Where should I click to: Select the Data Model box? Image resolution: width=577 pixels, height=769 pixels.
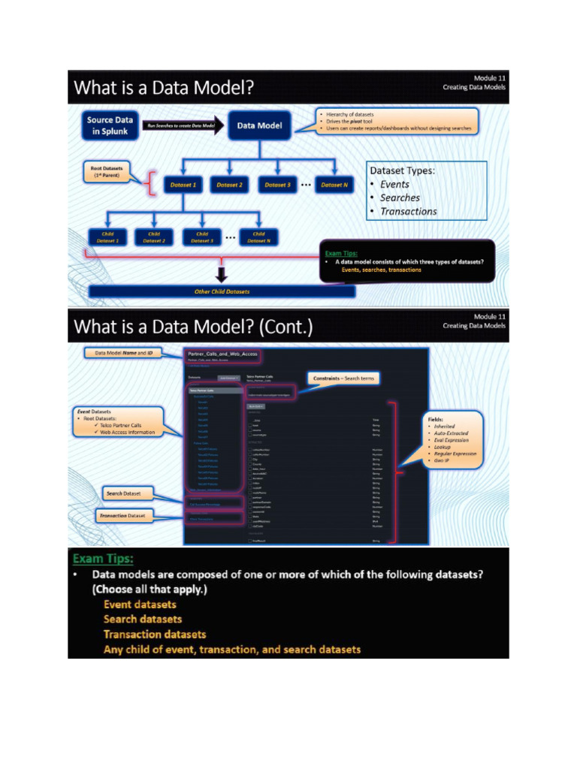259,125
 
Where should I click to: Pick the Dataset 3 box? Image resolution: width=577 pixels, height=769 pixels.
277,184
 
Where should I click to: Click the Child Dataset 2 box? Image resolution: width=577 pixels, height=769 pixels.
154,237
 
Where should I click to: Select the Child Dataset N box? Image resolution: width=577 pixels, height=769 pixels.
258,237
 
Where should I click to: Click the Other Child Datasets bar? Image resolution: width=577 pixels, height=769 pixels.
222,291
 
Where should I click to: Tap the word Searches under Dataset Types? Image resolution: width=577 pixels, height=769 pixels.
400,198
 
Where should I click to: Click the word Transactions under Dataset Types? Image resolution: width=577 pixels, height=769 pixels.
408,211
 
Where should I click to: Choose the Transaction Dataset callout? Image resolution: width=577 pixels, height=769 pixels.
124,516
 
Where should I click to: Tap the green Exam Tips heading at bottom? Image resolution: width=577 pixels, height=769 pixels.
103,559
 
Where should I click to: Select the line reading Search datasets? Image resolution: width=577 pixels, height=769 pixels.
143,619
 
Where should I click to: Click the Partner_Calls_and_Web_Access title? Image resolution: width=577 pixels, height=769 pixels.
222,354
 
